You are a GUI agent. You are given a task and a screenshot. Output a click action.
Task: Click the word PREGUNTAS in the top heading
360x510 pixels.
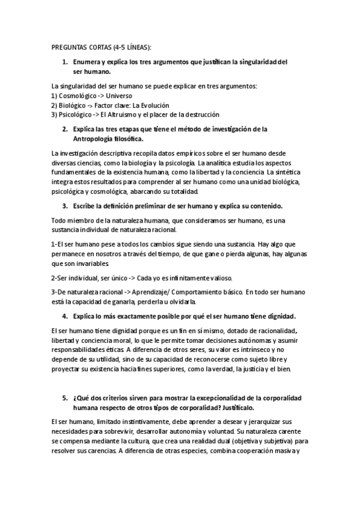point(69,48)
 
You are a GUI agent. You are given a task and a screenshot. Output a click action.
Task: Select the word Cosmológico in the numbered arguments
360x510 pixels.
point(77,96)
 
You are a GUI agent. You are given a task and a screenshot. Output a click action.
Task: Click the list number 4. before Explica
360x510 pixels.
point(65,316)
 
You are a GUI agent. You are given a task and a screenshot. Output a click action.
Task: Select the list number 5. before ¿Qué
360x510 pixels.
point(65,398)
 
